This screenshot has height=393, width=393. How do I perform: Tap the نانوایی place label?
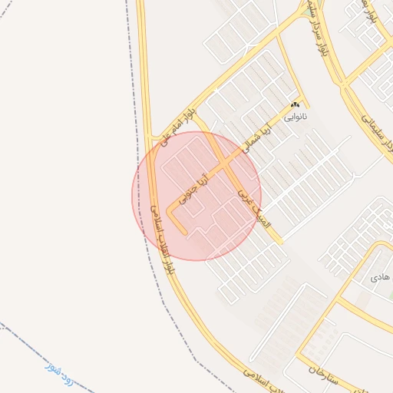pyautogui.click(x=296, y=118)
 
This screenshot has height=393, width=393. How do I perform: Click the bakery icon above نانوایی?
pyautogui.click(x=295, y=105)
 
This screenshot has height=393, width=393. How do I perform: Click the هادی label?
pyautogui.click(x=380, y=275)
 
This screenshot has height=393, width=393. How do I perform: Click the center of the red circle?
pyautogui.click(x=196, y=196)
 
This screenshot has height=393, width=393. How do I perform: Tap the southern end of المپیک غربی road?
pyautogui.click(x=279, y=242)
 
